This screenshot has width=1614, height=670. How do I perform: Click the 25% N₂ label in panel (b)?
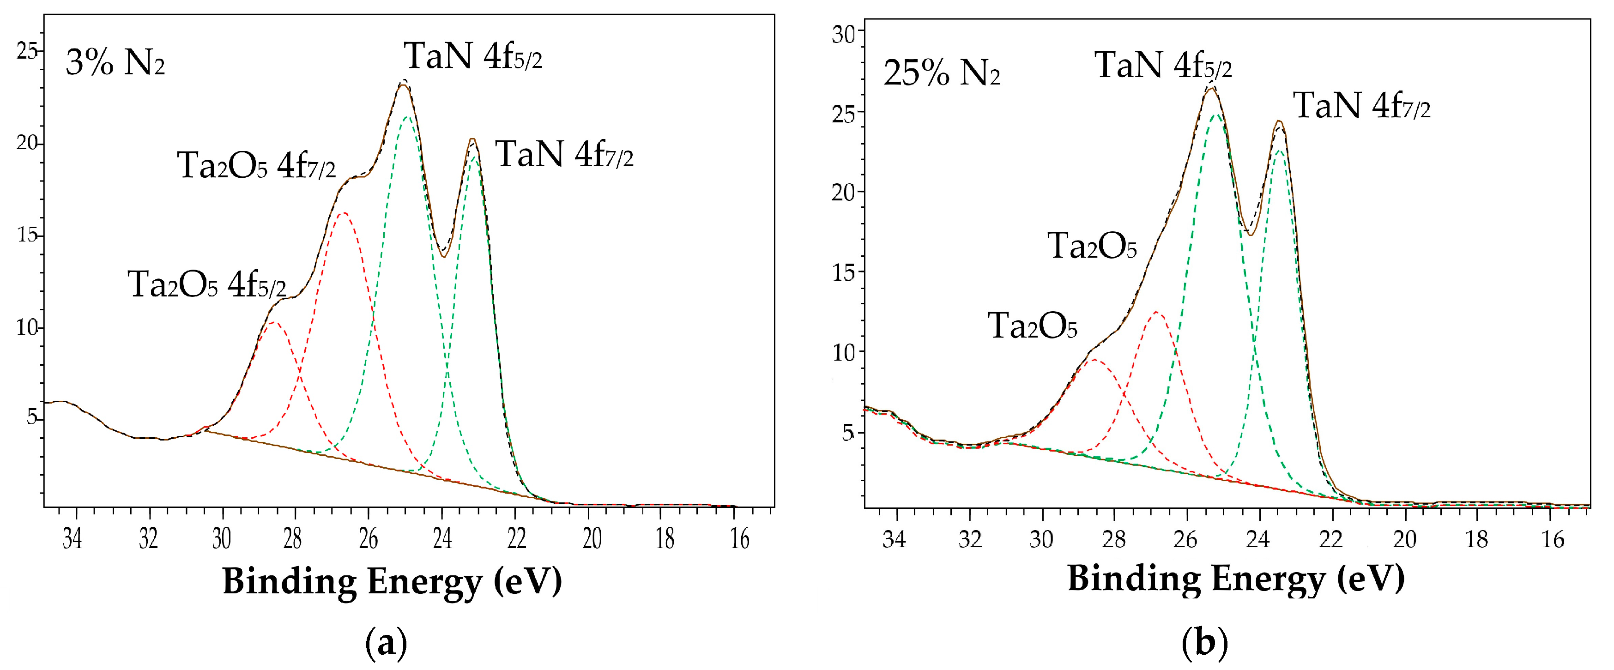(941, 74)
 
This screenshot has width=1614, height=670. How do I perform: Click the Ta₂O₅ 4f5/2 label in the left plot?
(207, 285)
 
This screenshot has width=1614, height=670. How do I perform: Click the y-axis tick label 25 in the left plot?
(27, 51)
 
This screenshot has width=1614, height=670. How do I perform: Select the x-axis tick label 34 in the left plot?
(73, 538)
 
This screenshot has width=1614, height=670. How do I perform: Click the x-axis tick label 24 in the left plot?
(442, 538)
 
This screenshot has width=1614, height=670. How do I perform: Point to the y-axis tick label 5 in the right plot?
(848, 433)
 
